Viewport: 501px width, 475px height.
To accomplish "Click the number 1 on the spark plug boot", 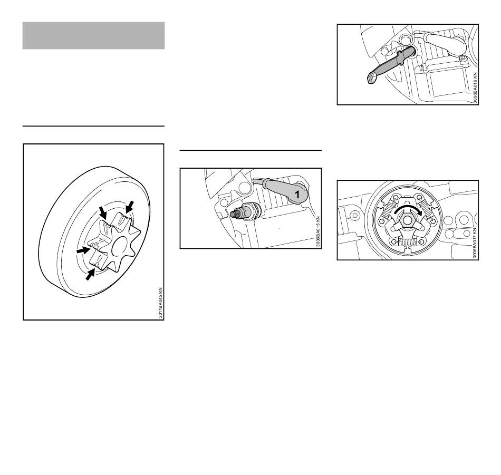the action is (x=297, y=194).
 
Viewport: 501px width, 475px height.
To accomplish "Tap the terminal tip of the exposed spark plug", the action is (x=232, y=214).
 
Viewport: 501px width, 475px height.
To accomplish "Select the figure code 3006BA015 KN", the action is (x=318, y=231).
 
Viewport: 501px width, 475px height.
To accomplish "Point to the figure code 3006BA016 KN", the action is (x=475, y=88).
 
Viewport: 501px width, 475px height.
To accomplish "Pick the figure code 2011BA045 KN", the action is (x=161, y=303).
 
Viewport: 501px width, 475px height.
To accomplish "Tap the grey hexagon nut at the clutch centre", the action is (x=407, y=220).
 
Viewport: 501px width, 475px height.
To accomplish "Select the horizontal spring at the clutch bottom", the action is (x=407, y=242).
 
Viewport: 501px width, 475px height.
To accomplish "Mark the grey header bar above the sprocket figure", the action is (x=94, y=35).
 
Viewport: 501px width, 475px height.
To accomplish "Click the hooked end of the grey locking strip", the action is (x=372, y=78).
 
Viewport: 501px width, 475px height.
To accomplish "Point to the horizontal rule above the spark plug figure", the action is (x=250, y=150).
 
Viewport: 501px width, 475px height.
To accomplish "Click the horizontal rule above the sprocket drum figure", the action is (x=94, y=126).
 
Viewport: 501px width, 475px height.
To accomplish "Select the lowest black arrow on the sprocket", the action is (x=90, y=274).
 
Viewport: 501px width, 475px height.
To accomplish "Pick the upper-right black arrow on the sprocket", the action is (x=129, y=207).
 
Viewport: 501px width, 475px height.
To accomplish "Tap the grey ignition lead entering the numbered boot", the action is (x=261, y=182).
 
